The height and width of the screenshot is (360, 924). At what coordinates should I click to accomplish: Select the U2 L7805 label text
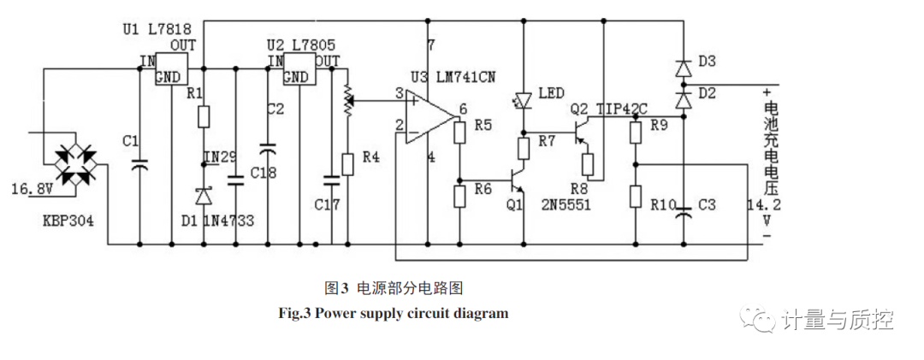(x=299, y=43)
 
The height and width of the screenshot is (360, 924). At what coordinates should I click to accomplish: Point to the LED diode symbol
(x=523, y=99)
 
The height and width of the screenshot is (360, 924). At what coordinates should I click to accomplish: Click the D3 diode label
(x=707, y=61)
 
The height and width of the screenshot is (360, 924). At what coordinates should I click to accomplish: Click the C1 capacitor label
(x=130, y=140)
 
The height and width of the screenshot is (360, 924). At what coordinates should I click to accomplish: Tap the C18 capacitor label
(x=264, y=173)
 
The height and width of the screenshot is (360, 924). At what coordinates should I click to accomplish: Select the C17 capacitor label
(x=326, y=205)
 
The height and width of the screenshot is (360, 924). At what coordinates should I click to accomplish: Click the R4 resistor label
(x=372, y=156)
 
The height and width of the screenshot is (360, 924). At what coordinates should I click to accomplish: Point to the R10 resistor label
(x=663, y=205)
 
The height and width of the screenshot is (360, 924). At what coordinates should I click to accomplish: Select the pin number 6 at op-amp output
(x=463, y=109)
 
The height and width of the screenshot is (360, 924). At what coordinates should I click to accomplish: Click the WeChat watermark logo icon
(x=755, y=320)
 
